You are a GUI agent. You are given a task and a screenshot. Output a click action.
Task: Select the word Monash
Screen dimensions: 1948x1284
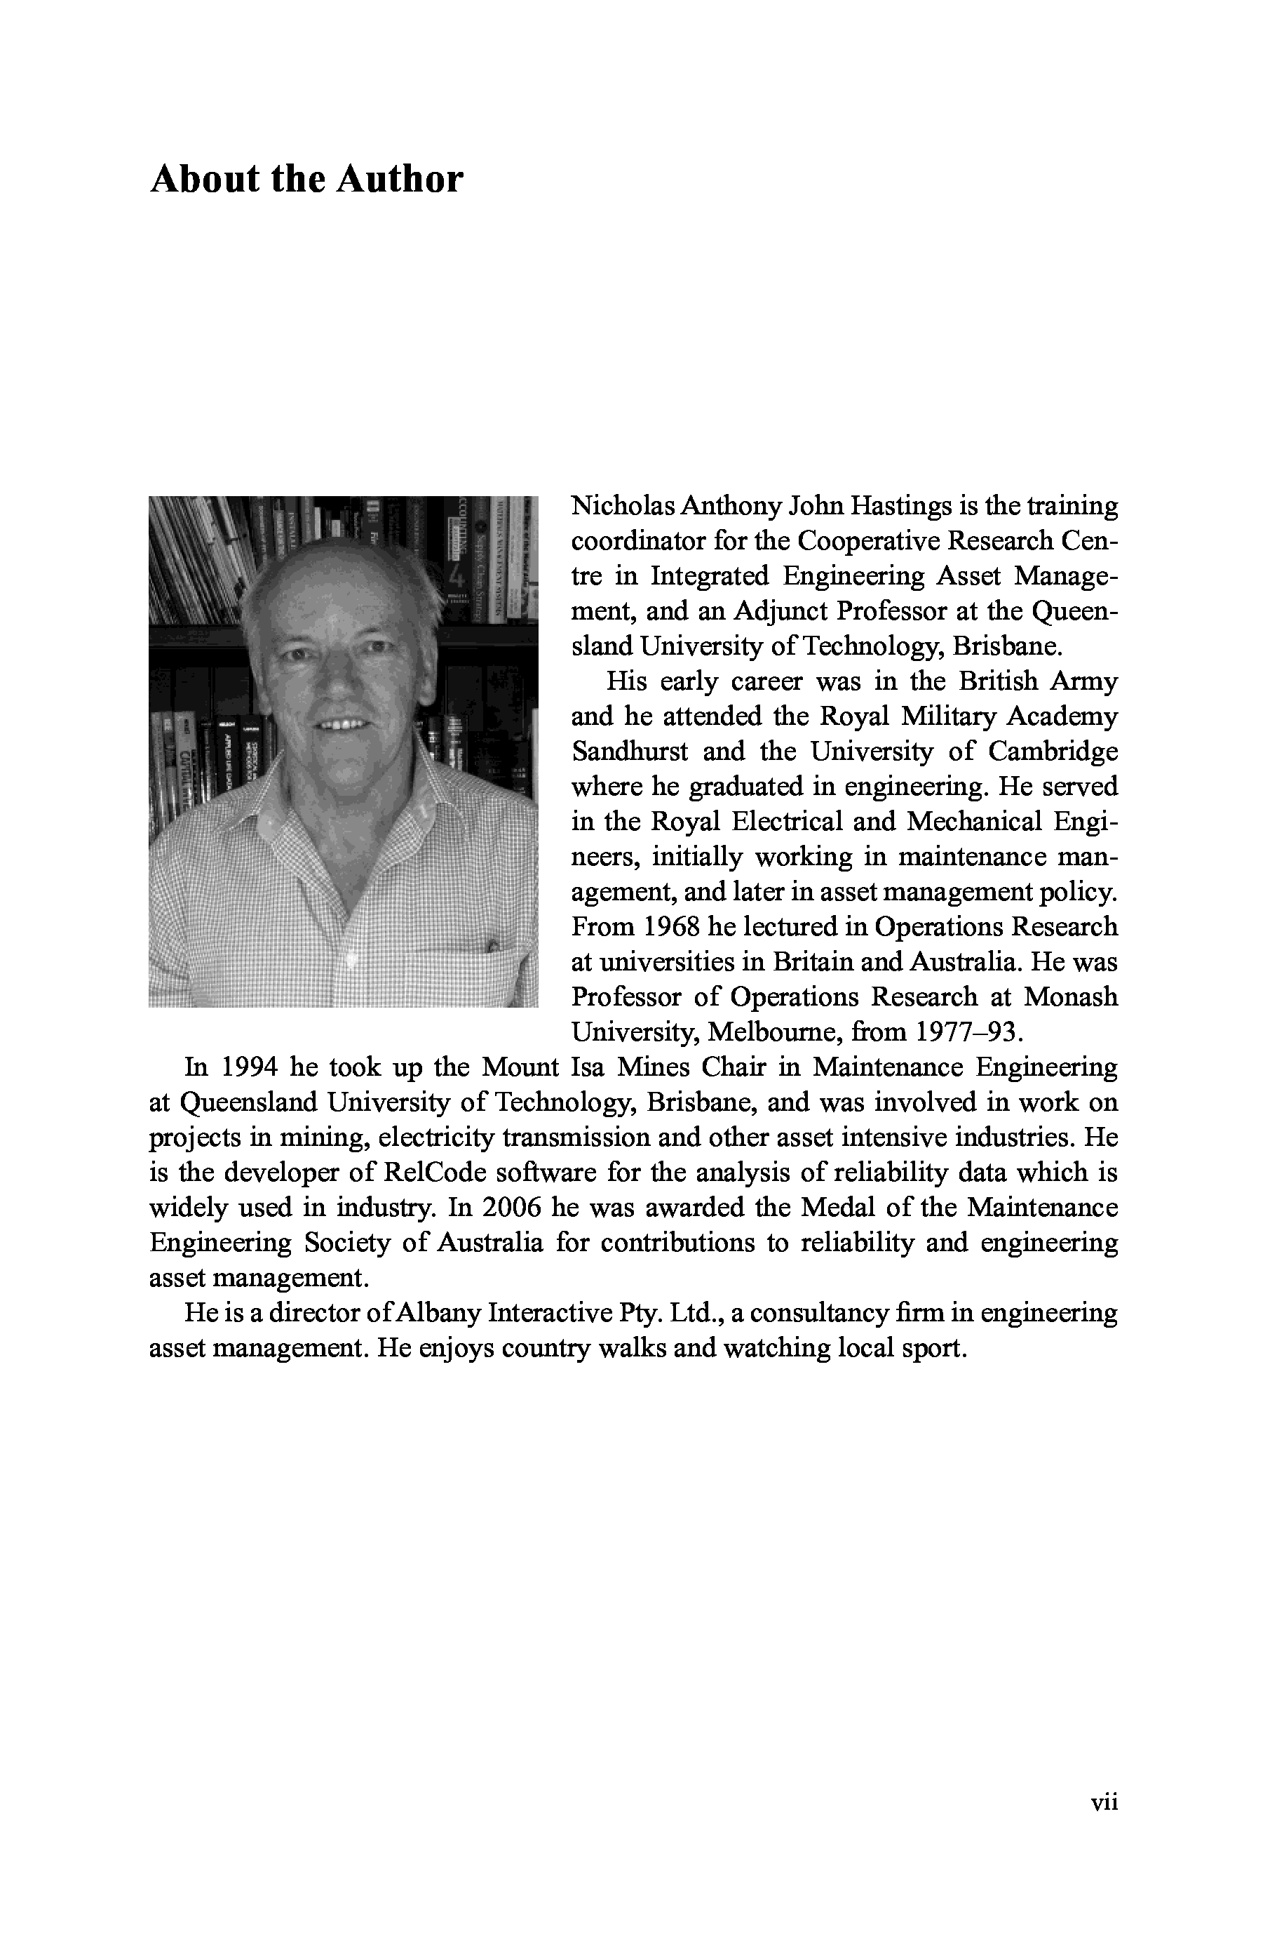(1070, 996)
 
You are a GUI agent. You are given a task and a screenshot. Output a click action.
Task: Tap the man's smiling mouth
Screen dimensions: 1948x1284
(342, 725)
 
